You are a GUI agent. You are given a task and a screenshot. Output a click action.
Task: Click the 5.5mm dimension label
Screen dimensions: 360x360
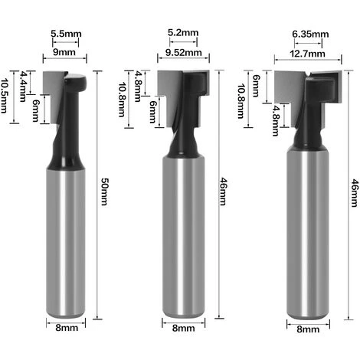[66, 34]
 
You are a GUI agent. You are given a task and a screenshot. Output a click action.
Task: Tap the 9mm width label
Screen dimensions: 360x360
[64, 52]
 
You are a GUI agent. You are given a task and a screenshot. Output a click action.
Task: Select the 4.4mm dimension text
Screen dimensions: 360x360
[23, 87]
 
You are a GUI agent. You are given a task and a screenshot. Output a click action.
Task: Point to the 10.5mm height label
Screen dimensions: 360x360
[3, 95]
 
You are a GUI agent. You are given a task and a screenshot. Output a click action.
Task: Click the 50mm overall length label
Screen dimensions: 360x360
[104, 191]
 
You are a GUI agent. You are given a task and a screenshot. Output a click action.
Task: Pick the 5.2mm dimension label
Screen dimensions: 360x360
[183, 33]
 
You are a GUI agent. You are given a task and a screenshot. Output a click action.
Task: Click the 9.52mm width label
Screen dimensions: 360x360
[184, 53]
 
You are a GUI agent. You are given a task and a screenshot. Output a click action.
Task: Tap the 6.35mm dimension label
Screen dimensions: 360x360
[310, 34]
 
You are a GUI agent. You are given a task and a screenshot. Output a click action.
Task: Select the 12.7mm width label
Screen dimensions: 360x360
[307, 54]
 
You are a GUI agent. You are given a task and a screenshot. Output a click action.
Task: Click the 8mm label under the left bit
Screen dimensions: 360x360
[67, 328]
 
